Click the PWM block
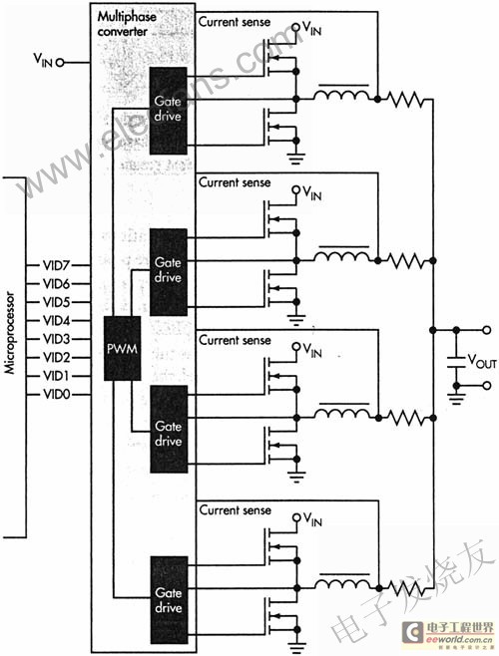pyautogui.click(x=123, y=349)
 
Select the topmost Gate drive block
pyautogui.click(x=168, y=111)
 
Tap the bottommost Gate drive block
pyautogui.click(x=169, y=600)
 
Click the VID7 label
pyautogui.click(x=57, y=265)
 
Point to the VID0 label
pyautogui.click(x=57, y=394)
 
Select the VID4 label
pyautogui.click(x=57, y=321)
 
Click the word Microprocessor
pyautogui.click(x=10, y=333)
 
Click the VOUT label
pyautogui.click(x=482, y=361)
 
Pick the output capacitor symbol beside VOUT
pyautogui.click(x=456, y=362)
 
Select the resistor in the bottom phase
pyautogui.click(x=405, y=588)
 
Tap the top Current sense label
pyautogui.click(x=235, y=22)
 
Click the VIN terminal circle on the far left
pyautogui.click(x=60, y=63)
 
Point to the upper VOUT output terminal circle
pyautogui.click(x=486, y=330)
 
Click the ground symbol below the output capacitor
pyautogui.click(x=456, y=399)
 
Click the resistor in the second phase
pyautogui.click(x=405, y=260)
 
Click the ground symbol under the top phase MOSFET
pyautogui.click(x=296, y=159)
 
